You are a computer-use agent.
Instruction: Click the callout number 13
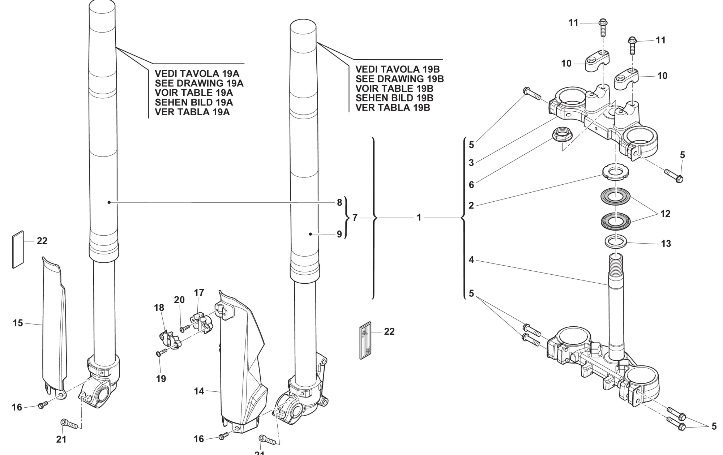tap(666, 244)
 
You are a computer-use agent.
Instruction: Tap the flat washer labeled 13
tap(616, 241)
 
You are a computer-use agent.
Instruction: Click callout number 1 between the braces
tap(419, 218)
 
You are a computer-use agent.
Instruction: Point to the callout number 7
tap(355, 218)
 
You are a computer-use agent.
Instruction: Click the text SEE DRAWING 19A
tap(199, 83)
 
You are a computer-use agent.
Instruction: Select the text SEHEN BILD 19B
tap(394, 98)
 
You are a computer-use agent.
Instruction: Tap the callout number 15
tap(18, 323)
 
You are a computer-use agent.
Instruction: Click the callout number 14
tap(199, 391)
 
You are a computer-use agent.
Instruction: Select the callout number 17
tap(199, 292)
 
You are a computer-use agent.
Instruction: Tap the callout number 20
tap(179, 300)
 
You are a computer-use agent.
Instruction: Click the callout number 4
tap(471, 259)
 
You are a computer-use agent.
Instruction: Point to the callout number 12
tap(665, 214)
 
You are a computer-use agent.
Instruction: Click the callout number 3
tap(471, 163)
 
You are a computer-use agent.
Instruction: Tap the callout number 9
tap(339, 234)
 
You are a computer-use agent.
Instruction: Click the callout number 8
tap(339, 202)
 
